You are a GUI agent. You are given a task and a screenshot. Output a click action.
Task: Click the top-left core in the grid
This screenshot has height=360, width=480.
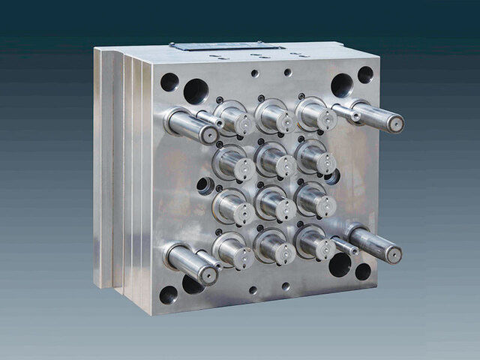(x=235, y=119)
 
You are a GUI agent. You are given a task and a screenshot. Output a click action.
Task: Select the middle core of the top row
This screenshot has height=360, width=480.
(x=275, y=116)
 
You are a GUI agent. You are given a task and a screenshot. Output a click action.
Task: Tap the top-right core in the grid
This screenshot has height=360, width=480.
(x=316, y=114)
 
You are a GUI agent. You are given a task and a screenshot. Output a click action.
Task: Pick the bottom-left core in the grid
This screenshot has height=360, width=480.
(x=235, y=252)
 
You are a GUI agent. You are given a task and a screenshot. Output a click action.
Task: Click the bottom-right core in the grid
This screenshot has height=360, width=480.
(x=316, y=243)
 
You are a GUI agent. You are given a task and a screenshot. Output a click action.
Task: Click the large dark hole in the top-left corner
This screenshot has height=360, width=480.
(x=196, y=91)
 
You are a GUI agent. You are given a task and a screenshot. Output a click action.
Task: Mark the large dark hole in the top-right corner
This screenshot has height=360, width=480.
(x=342, y=85)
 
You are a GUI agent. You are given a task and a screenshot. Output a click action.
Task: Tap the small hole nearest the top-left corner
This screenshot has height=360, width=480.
(x=169, y=81)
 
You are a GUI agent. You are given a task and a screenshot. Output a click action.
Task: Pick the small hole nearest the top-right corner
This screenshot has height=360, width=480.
(x=365, y=75)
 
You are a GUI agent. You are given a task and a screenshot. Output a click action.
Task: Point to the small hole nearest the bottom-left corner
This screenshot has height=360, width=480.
(x=169, y=294)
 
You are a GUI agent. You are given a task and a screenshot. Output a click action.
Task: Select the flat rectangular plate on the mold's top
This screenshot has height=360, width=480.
(x=227, y=47)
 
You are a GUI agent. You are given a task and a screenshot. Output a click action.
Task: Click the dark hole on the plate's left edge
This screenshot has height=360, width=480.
(x=204, y=184)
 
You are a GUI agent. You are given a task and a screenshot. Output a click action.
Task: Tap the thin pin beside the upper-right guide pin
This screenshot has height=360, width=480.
(x=346, y=113)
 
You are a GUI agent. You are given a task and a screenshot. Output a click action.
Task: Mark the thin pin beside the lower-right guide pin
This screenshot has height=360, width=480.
(x=344, y=246)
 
